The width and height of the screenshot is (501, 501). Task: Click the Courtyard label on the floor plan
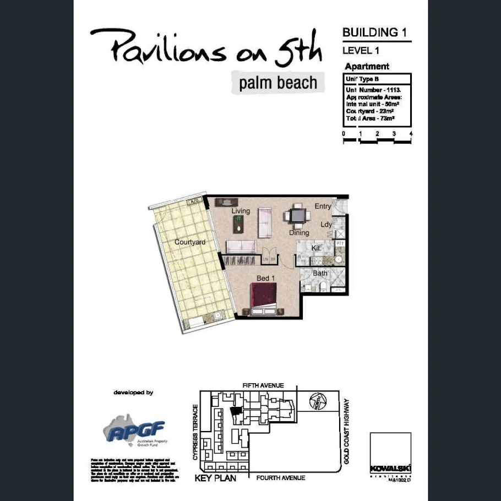click(190, 242)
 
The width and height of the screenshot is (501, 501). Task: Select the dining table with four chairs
click(297, 215)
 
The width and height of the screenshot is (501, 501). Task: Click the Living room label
click(241, 211)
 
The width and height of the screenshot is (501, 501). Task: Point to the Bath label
click(320, 273)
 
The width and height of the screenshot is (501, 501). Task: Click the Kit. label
click(316, 248)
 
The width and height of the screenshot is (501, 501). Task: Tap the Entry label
click(323, 206)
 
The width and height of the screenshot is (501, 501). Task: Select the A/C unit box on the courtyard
click(194, 202)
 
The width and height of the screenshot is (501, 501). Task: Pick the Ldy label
click(326, 225)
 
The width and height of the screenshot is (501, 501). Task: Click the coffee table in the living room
click(240, 223)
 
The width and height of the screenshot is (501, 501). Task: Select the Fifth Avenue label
click(263, 386)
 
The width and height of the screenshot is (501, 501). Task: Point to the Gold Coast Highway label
click(346, 431)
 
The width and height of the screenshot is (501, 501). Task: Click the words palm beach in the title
click(278, 83)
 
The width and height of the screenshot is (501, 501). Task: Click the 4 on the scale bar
click(411, 134)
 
